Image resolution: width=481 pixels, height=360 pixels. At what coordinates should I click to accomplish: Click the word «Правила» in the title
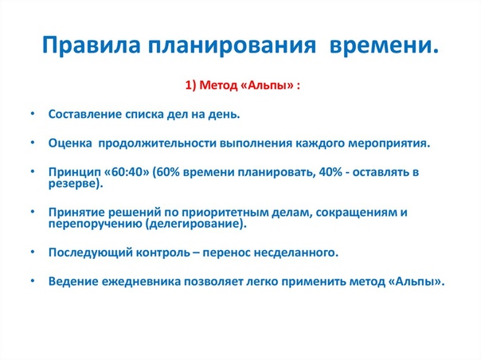pos(91,45)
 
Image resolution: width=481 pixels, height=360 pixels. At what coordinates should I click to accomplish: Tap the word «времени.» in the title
pos(384,45)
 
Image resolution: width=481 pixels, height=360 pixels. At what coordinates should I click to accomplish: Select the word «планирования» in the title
pos(232,45)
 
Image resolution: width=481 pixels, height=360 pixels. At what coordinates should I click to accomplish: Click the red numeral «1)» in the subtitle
pos(190,85)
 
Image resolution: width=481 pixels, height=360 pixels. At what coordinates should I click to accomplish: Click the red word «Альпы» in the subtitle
pos(268,85)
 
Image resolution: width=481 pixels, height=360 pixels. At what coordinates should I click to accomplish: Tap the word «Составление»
pos(85,114)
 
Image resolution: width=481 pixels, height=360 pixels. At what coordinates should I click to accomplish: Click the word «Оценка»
pos(70,143)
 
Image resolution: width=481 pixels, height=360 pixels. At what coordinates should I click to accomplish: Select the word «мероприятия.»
pos(389,143)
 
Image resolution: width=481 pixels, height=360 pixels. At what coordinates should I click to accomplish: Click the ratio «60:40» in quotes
pos(127,172)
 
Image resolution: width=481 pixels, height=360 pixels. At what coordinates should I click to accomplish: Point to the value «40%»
pos(330,172)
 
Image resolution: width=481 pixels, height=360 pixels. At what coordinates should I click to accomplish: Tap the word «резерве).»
pos(76,183)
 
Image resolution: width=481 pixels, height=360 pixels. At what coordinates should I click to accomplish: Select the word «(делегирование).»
pos(196,224)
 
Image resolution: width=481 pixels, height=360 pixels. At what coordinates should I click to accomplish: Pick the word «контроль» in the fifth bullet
pos(163,252)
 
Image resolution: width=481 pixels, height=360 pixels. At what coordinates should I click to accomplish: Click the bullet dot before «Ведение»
pos(33,281)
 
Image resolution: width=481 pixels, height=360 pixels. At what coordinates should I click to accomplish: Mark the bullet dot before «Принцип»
pos(33,171)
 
